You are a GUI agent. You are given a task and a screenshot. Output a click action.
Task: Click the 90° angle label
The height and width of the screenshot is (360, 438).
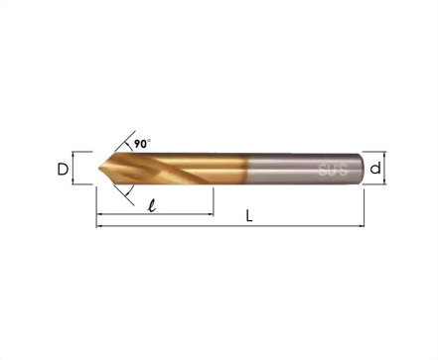[142, 144]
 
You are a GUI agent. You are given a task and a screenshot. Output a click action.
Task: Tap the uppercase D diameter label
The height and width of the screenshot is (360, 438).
[63, 170]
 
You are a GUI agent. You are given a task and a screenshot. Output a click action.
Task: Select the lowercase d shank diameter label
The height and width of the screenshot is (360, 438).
[375, 168]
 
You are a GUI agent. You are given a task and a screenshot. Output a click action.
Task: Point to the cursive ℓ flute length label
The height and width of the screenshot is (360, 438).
[152, 205]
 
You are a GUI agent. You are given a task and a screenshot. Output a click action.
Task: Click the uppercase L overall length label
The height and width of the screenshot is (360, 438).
[249, 216]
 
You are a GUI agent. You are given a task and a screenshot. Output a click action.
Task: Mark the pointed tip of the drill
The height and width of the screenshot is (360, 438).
[99, 169]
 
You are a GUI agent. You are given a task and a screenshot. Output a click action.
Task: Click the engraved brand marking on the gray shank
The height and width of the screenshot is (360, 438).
[333, 170]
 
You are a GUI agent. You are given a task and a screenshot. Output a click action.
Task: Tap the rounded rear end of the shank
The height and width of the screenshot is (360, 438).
[362, 169]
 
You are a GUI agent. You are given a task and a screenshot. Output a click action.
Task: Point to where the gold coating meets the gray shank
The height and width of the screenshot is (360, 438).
[248, 169]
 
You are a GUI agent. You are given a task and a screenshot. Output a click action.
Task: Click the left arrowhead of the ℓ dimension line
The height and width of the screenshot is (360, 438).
[98, 214]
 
